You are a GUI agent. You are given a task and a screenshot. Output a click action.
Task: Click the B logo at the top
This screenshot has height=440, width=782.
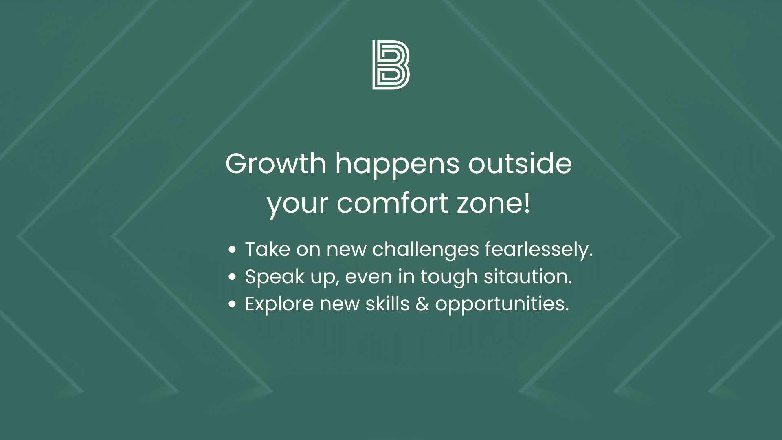[x=391, y=65]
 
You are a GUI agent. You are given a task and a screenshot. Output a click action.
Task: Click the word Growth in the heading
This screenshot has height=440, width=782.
[x=276, y=164]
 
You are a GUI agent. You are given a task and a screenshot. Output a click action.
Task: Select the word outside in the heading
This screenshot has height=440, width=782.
[x=520, y=164]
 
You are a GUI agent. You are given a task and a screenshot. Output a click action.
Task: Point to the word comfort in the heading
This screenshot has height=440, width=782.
[x=392, y=203]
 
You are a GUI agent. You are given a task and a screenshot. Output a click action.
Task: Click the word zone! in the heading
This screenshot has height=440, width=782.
[x=494, y=203]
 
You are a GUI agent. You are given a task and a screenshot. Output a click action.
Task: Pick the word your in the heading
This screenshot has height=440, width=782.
[x=297, y=204]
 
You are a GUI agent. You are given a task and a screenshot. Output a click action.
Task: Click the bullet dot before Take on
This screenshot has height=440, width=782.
[x=232, y=249]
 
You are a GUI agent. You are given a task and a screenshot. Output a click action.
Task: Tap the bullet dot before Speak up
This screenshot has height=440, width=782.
[x=232, y=277]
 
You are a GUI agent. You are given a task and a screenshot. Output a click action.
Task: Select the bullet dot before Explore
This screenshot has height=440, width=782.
[x=232, y=304]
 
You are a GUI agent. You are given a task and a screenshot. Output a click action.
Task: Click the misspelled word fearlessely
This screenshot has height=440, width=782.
[x=538, y=249]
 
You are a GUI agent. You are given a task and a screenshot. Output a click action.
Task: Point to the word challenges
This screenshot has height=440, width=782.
[x=425, y=249]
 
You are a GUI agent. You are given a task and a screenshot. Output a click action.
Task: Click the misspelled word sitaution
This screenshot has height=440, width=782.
[x=528, y=277]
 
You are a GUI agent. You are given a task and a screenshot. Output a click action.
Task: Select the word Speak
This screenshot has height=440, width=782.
[x=275, y=277]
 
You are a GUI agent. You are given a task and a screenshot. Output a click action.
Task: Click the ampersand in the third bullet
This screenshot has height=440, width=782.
[x=422, y=304]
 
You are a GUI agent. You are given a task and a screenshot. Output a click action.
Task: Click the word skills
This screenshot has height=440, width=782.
[x=387, y=304]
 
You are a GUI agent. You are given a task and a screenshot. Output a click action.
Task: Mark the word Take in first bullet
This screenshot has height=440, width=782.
[x=268, y=249]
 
